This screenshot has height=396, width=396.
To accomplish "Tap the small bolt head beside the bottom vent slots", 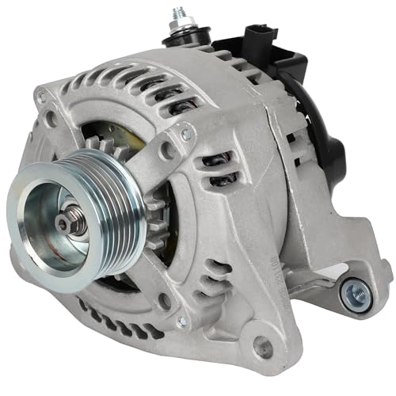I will point(181,320).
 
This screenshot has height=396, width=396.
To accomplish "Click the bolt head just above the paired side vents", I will point(187,135).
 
